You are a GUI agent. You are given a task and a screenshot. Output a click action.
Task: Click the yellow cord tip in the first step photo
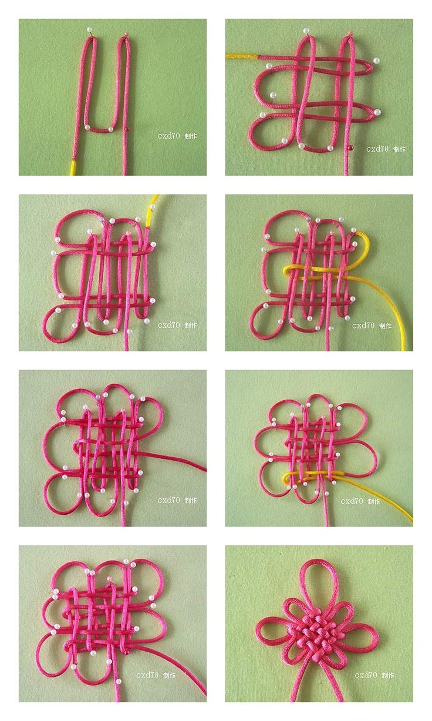(x=73, y=167)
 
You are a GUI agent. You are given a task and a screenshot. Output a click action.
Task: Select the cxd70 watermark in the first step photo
(x=169, y=136)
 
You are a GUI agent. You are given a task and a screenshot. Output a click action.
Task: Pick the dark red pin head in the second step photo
(x=350, y=147)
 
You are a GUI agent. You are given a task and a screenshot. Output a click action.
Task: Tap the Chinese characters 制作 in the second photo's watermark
(x=400, y=149)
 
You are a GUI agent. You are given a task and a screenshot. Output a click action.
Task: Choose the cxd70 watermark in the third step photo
(x=169, y=325)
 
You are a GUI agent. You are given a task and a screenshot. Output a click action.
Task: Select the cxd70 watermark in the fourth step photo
(x=363, y=326)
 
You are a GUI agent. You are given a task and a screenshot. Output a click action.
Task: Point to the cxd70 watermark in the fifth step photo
(x=169, y=500)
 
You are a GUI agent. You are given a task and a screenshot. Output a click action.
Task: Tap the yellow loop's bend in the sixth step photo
(x=285, y=479)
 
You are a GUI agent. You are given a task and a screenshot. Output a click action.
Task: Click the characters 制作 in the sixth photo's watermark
(x=374, y=501)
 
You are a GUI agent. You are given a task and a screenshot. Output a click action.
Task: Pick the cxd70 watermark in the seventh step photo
(x=147, y=675)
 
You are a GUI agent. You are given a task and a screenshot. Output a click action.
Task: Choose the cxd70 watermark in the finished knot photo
(x=366, y=675)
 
